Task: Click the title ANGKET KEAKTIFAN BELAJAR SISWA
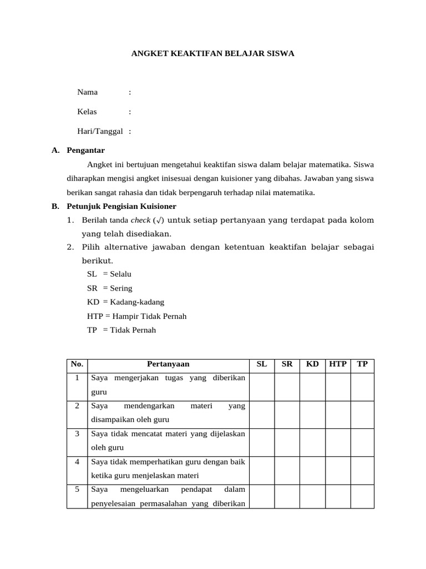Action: pyautogui.click(x=212, y=54)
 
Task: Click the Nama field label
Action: pyautogui.click(x=88, y=92)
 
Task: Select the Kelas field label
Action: pyautogui.click(x=87, y=112)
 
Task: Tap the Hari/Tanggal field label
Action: pyautogui.click(x=100, y=132)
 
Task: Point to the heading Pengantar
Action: pyautogui.click(x=85, y=151)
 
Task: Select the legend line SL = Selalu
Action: pyautogui.click(x=109, y=274)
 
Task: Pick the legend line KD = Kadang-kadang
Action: pyautogui.click(x=125, y=302)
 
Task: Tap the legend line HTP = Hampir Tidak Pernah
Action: pyautogui.click(x=136, y=316)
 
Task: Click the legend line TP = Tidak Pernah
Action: pyautogui.click(x=121, y=330)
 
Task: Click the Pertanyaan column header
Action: pyautogui.click(x=168, y=365)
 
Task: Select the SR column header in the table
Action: pyautogui.click(x=287, y=365)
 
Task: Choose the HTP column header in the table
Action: pyautogui.click(x=338, y=365)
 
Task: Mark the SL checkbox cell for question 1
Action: pyautogui.click(x=262, y=387)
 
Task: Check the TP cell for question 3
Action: pyautogui.click(x=362, y=442)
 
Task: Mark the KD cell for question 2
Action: pyautogui.click(x=312, y=414)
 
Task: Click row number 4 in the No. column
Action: pyautogui.click(x=77, y=462)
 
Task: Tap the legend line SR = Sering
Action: pyautogui.click(x=110, y=288)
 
